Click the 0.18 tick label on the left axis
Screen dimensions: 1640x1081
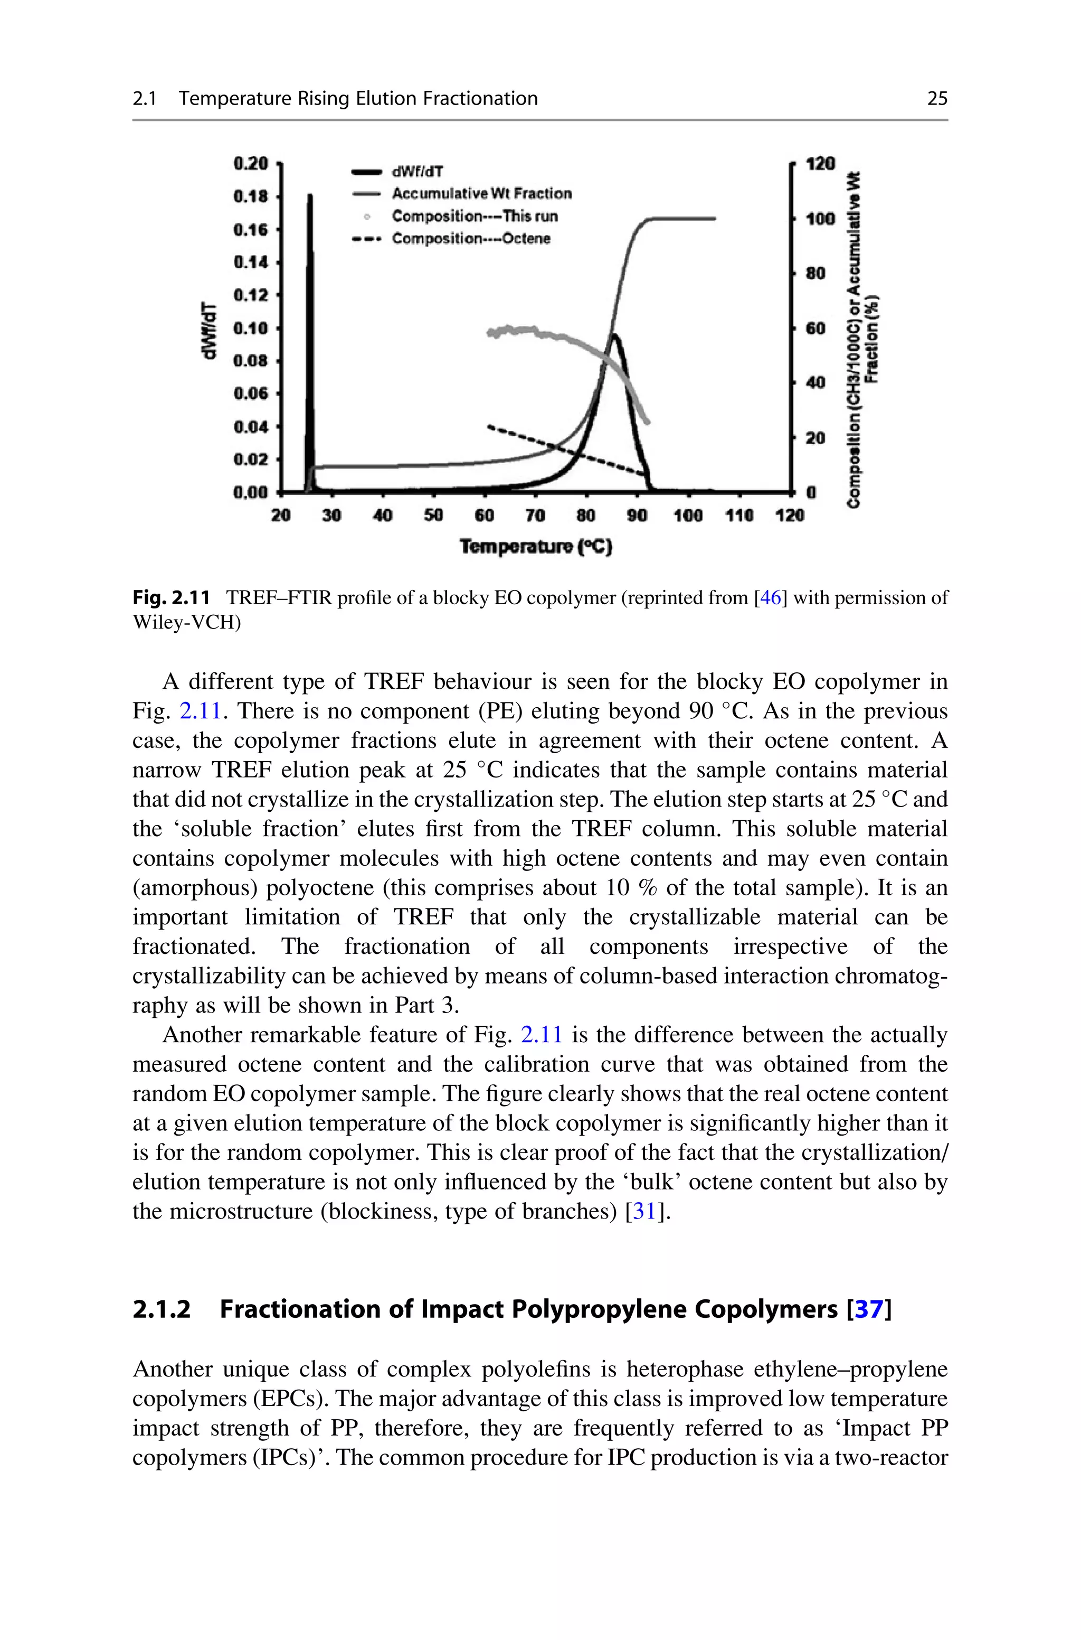[250, 196]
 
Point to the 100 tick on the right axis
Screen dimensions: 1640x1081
[820, 219]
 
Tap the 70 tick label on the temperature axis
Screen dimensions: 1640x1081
[535, 516]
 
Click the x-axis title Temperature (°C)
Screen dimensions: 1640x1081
[536, 547]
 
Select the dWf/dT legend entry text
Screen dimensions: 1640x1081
[417, 171]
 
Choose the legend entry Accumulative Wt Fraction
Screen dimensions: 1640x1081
[481, 194]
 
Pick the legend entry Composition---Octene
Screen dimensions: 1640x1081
[471, 239]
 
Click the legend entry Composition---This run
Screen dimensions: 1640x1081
[475, 217]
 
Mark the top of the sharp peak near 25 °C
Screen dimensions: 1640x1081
[310, 197]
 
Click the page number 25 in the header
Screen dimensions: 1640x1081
[937, 99]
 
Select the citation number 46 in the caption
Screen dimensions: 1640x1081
[770, 597]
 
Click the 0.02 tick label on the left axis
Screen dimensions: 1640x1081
[250, 460]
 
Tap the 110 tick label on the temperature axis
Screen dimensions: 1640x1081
[739, 516]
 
